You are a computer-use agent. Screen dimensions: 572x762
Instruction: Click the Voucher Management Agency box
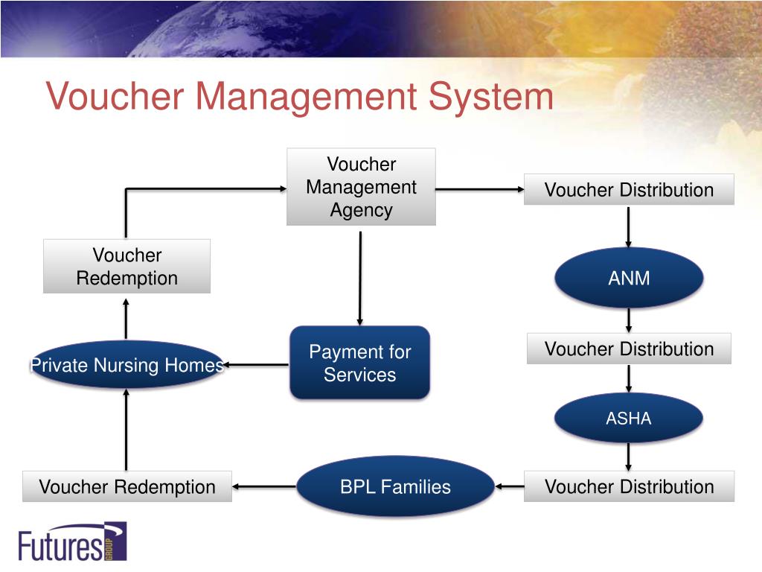point(361,187)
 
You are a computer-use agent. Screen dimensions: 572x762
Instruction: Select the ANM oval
point(629,278)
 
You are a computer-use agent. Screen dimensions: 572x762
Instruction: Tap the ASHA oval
point(629,418)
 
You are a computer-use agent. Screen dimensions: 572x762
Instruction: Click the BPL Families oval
point(395,487)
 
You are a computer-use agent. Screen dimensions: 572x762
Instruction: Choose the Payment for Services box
point(359,363)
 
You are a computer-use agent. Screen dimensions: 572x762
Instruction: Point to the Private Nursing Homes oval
point(127,365)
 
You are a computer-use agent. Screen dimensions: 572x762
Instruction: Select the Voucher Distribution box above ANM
point(629,190)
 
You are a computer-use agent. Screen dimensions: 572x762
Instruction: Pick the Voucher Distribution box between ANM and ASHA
point(629,349)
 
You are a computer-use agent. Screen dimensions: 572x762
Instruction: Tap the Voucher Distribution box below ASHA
point(629,487)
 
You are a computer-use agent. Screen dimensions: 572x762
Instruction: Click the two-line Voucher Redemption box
point(127,267)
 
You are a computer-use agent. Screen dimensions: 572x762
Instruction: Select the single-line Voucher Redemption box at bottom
point(127,487)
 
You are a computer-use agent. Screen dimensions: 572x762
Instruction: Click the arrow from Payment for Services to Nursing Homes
point(257,365)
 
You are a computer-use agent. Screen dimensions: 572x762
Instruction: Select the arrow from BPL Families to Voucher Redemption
point(264,487)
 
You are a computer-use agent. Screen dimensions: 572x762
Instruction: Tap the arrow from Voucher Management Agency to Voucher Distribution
point(480,190)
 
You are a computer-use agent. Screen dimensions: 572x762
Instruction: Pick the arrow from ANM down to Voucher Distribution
point(629,320)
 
